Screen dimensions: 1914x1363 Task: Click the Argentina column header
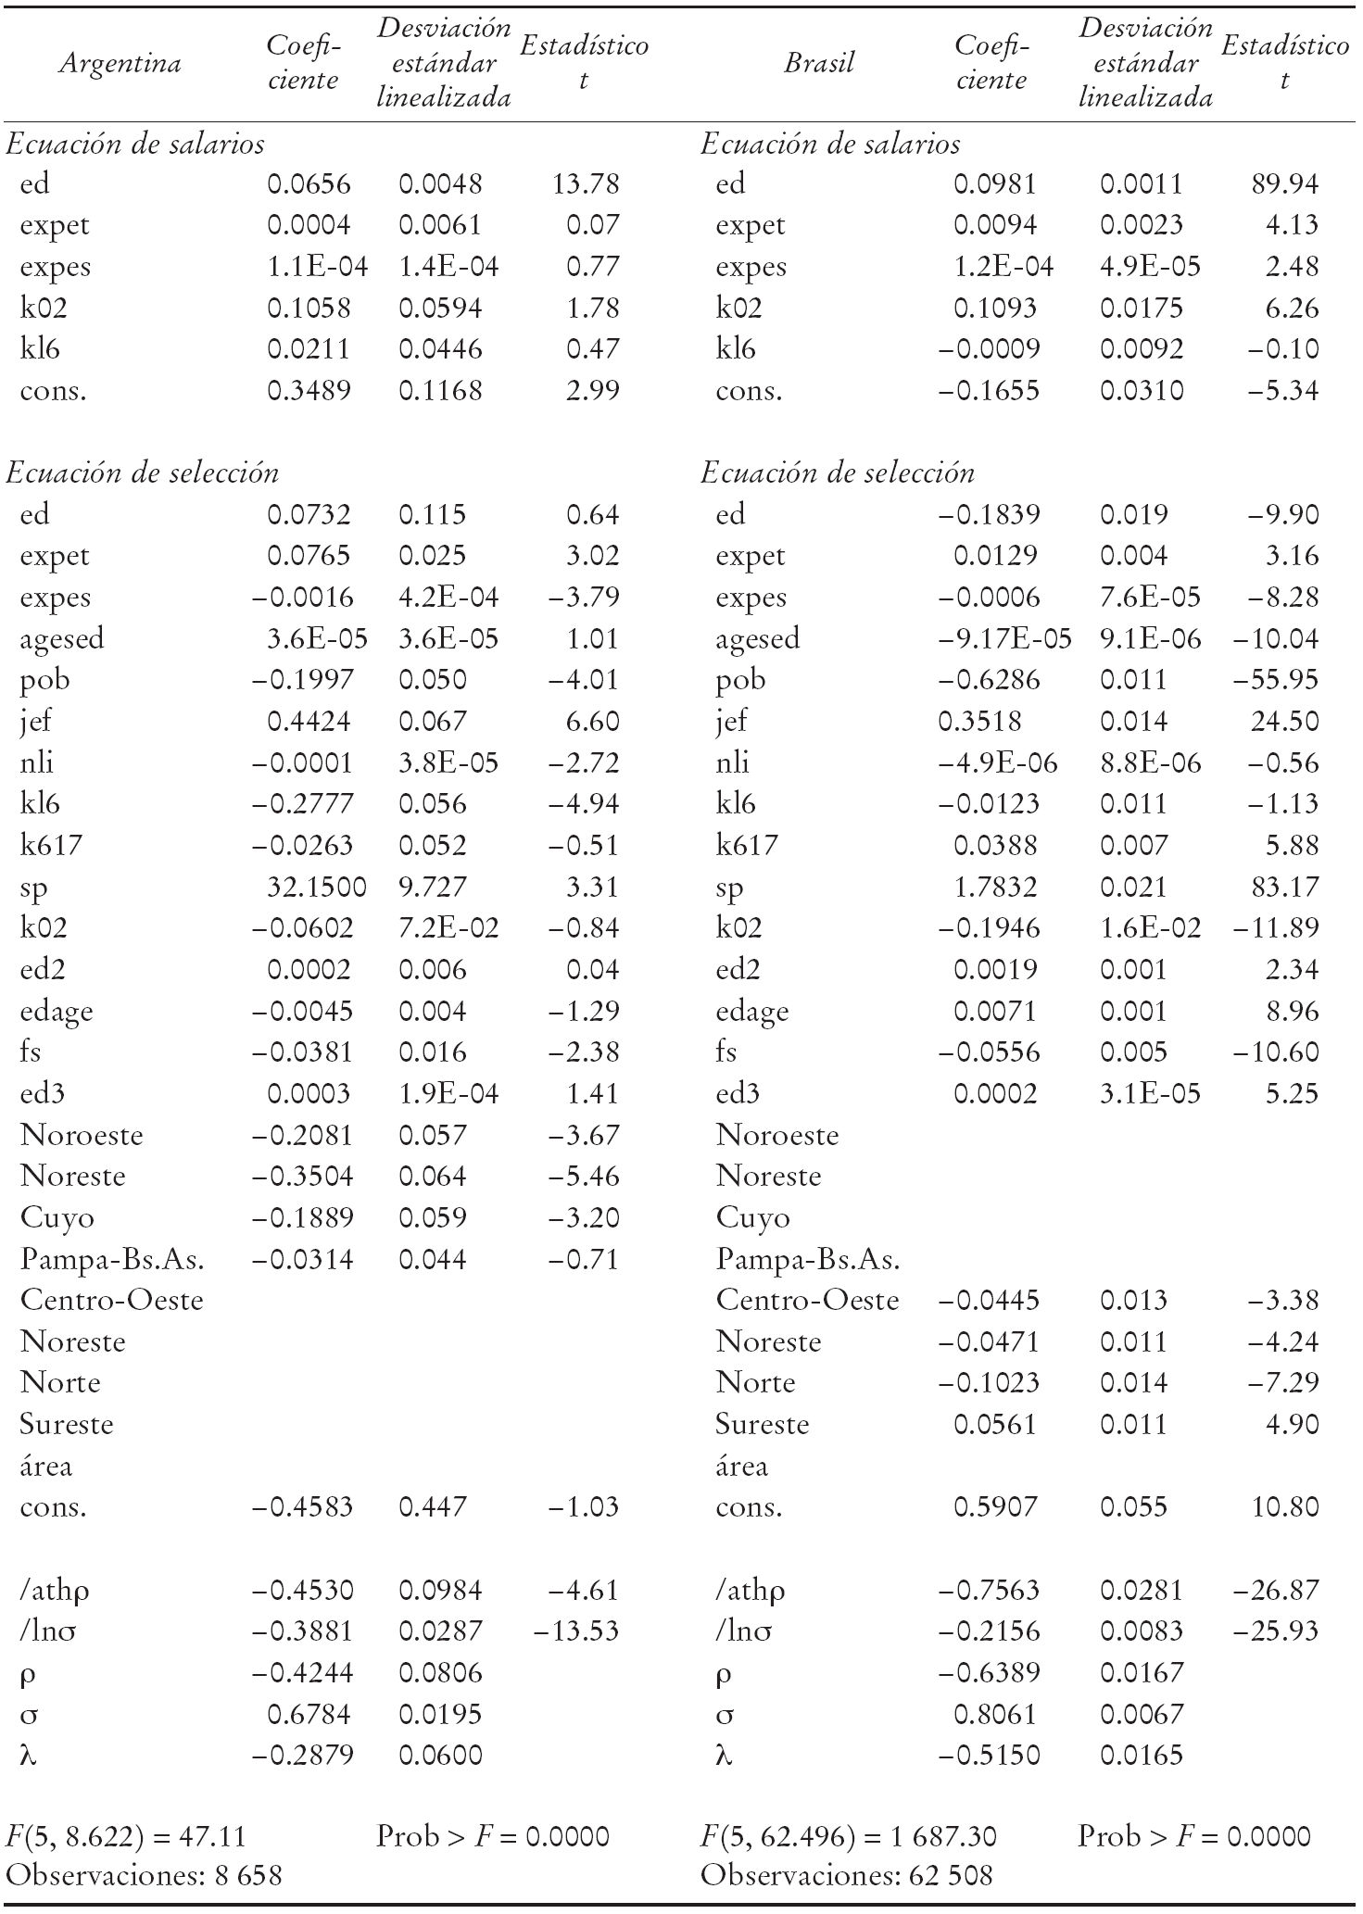coord(120,63)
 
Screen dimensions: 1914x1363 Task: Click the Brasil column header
coord(818,63)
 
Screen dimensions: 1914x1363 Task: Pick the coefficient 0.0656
coord(309,183)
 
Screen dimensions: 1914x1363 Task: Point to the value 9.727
coord(433,887)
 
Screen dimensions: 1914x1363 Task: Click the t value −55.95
coord(1275,679)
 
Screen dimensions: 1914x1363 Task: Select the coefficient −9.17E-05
coord(1004,638)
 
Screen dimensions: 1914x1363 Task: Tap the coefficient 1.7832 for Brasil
coord(995,887)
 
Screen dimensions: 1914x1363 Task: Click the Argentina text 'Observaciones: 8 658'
coord(144,1875)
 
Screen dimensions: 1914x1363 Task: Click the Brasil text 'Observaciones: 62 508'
coord(846,1875)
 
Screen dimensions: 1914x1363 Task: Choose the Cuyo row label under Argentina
coord(57,1217)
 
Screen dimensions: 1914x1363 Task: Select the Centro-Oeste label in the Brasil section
coord(807,1300)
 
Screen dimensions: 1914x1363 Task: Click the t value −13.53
coord(576,1631)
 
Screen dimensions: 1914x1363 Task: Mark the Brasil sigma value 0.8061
coord(995,1714)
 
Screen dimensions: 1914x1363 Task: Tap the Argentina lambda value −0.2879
coord(303,1755)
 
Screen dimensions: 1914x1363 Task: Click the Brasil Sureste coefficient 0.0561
coord(995,1424)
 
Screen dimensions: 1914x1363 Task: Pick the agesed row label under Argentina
coord(62,638)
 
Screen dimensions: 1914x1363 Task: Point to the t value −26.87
coord(1275,1590)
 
